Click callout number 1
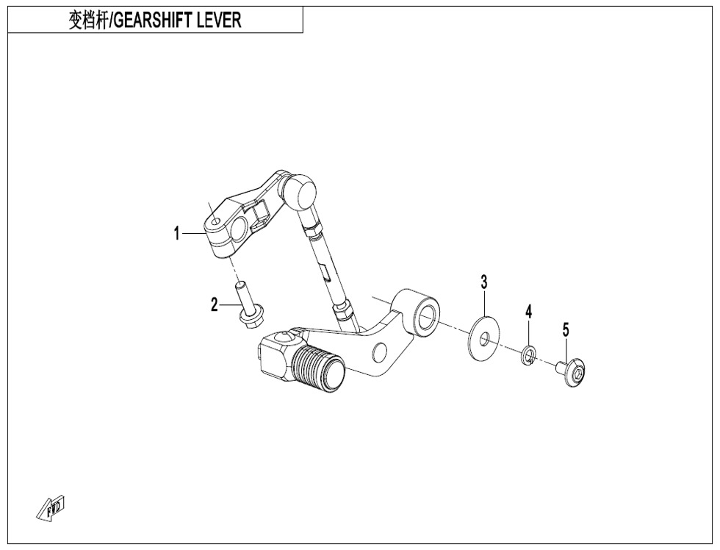pyautogui.click(x=177, y=233)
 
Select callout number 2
pyautogui.click(x=214, y=304)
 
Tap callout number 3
pyautogui.click(x=483, y=282)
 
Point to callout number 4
pyautogui.click(x=528, y=312)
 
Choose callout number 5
pyautogui.click(x=566, y=329)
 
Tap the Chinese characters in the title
pyautogui.click(x=87, y=21)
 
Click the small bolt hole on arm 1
pyautogui.click(x=215, y=221)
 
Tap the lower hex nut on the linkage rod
pyautogui.click(x=344, y=311)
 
